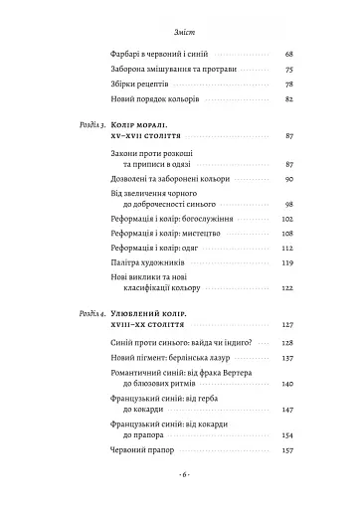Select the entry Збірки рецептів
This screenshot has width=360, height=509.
(x=138, y=85)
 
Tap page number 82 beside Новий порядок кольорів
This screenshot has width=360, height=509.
(x=288, y=101)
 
